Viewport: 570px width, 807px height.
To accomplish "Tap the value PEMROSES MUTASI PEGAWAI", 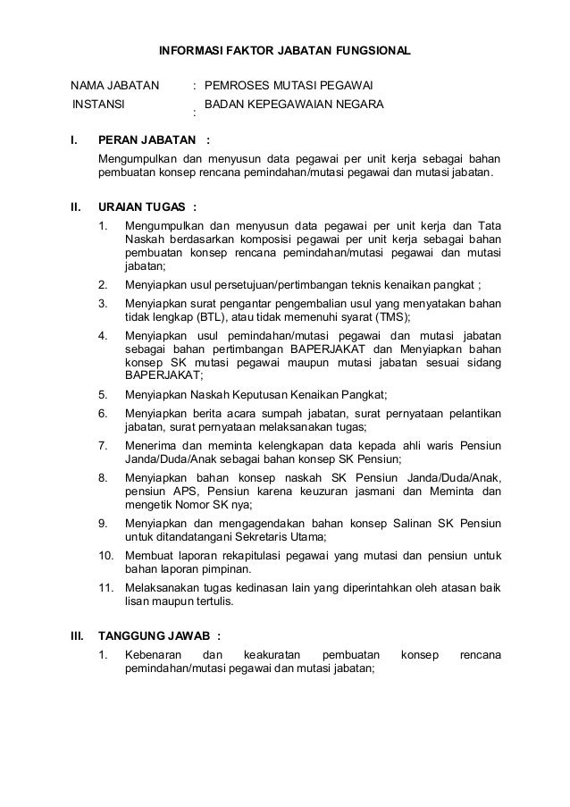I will click(289, 87).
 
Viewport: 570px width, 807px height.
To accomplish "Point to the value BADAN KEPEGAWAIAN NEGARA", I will click(294, 105).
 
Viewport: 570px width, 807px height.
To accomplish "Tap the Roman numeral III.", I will click(78, 635).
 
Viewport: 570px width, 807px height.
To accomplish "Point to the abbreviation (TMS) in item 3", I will click(390, 317).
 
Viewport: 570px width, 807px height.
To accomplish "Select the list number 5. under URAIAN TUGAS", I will click(104, 394).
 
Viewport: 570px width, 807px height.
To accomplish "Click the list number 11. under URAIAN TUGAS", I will click(106, 587).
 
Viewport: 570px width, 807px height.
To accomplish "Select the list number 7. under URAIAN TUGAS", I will click(104, 444).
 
